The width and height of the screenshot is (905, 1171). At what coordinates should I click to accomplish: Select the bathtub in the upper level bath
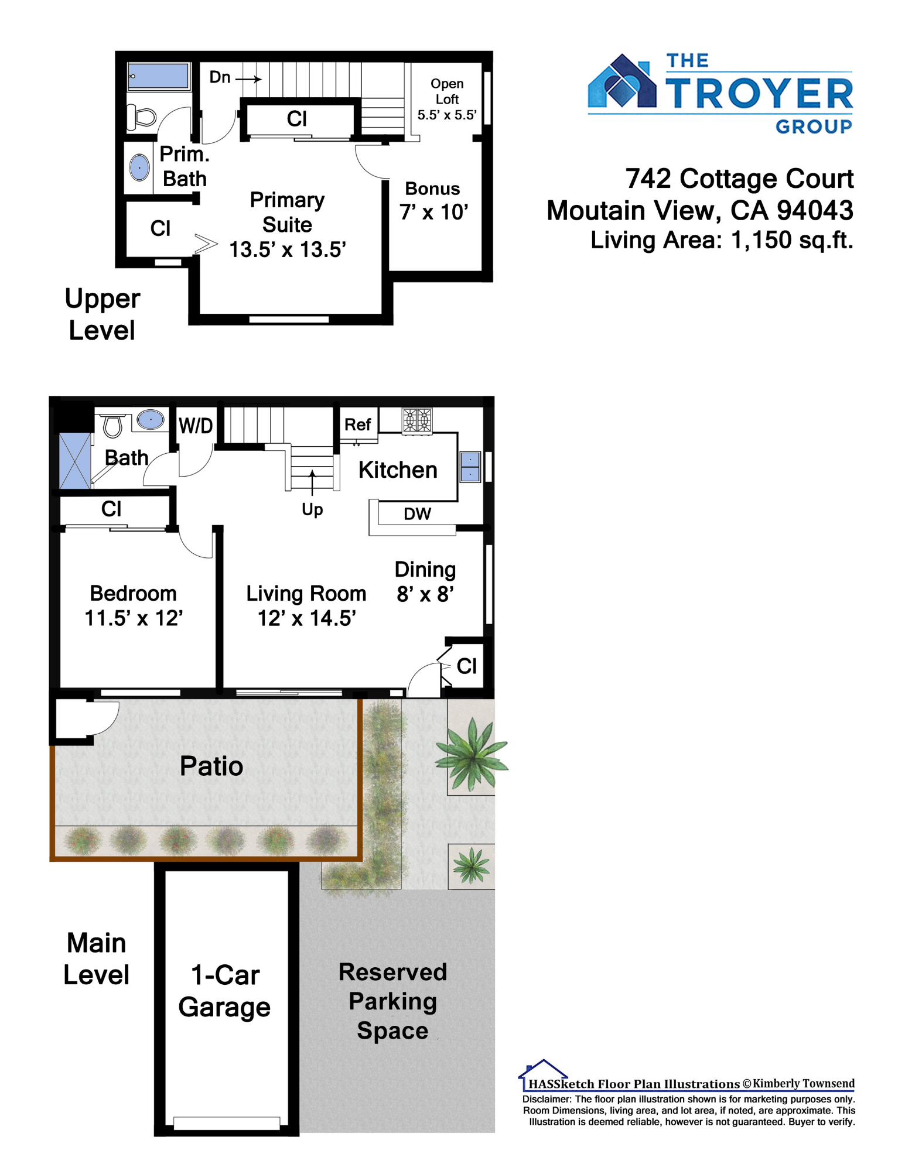coord(158,76)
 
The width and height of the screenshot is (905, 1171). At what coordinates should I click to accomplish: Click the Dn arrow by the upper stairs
coord(248,79)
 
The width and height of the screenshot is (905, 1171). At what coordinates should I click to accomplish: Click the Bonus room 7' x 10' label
coord(433,201)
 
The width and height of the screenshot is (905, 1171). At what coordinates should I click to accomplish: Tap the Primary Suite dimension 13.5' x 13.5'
coord(288,250)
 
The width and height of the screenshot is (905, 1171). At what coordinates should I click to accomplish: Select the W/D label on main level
coord(196,426)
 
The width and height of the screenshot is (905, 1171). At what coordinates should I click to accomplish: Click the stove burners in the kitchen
coord(417,420)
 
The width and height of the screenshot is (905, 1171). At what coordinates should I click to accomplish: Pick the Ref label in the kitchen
coord(357,424)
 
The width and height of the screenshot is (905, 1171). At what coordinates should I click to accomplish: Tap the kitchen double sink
coord(470,467)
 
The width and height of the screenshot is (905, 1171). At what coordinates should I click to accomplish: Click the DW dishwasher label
coord(417,513)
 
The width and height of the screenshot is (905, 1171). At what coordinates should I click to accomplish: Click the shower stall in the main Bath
coord(75,461)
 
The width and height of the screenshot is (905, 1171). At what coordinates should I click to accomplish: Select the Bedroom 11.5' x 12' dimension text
coord(134,618)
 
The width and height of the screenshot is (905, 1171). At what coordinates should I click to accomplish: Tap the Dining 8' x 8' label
coord(425,581)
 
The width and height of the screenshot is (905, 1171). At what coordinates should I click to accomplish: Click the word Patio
coord(211,766)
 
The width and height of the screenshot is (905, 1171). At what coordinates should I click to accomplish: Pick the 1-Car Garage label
coord(225,991)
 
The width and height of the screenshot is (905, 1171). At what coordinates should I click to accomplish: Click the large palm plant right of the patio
coord(471,754)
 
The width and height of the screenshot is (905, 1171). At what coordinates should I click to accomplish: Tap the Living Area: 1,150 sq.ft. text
coord(722,240)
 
